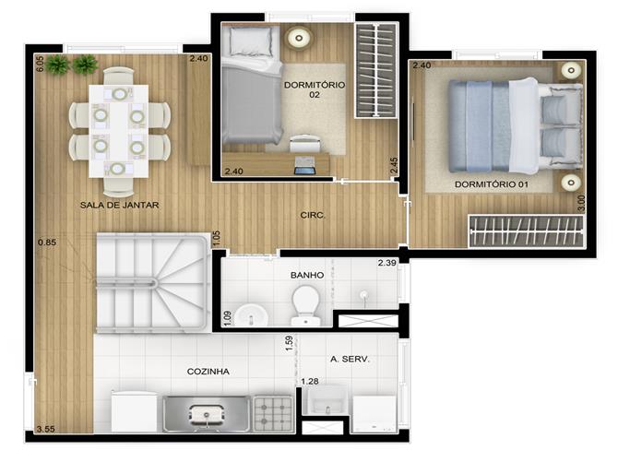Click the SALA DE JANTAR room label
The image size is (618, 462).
[x=119, y=205]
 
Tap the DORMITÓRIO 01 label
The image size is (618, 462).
[x=492, y=184]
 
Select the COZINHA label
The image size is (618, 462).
[x=208, y=372]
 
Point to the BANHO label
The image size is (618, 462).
[x=307, y=275]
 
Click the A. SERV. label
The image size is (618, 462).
[x=350, y=359]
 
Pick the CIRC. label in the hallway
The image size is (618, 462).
[x=313, y=215]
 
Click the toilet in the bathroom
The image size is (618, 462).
[x=305, y=305]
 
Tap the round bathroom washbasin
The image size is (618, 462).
[x=250, y=315]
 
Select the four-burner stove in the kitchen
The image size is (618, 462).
[x=273, y=414]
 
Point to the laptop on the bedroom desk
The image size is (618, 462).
[x=304, y=166]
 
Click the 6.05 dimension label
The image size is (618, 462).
[x=40, y=64]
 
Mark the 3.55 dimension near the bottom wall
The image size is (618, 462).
[x=46, y=429]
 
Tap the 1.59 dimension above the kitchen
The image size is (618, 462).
[x=289, y=343]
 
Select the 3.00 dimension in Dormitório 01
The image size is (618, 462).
[x=581, y=204]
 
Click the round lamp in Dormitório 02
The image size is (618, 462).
[x=299, y=38]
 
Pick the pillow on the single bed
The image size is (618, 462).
[x=250, y=41]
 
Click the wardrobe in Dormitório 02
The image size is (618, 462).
[x=376, y=70]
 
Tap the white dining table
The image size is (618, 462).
[x=119, y=131]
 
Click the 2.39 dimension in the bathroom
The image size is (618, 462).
[x=387, y=263]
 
